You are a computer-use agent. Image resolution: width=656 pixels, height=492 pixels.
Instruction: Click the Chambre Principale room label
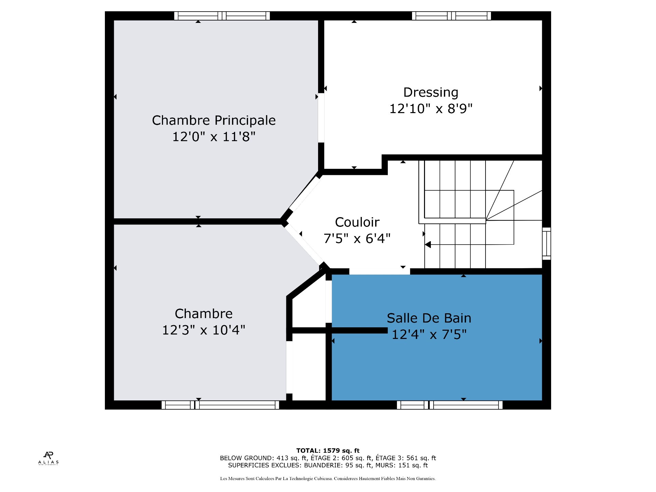[214, 120]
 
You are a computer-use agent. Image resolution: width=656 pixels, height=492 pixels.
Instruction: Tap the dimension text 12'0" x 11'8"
[214, 137]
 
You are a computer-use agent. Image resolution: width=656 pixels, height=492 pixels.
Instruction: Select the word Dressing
[431, 93]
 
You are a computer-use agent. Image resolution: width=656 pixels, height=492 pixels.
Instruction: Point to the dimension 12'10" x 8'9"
[431, 109]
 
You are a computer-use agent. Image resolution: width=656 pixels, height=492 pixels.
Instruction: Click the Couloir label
[357, 222]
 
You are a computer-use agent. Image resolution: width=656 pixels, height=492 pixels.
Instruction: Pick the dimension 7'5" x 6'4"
[357, 238]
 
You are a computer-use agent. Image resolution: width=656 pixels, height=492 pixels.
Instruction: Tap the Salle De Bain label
[429, 318]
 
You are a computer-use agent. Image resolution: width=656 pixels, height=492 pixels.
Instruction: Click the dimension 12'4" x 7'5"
[429, 334]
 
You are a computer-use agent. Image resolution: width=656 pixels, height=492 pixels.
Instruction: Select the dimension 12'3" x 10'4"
[204, 330]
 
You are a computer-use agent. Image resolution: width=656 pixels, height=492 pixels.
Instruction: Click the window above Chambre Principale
[222, 16]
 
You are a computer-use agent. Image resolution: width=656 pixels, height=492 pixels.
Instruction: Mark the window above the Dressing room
[451, 16]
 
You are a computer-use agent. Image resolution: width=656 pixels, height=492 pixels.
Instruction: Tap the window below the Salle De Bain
[450, 405]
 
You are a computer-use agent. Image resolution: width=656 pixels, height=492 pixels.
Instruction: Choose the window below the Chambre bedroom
[220, 405]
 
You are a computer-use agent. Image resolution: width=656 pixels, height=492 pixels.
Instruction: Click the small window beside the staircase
[547, 244]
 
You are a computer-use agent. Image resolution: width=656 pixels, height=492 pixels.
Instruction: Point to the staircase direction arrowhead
[428, 245]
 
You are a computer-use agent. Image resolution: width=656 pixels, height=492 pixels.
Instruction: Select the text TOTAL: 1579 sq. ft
[328, 451]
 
